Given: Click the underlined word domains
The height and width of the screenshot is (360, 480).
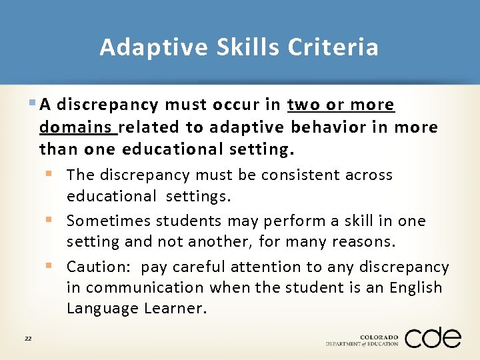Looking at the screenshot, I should click(76, 127).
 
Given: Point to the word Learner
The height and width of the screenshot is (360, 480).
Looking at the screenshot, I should click(175, 309).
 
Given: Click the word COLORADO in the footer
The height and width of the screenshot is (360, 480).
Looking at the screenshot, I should click(379, 336).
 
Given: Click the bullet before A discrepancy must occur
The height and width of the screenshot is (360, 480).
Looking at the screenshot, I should click(33, 105).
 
